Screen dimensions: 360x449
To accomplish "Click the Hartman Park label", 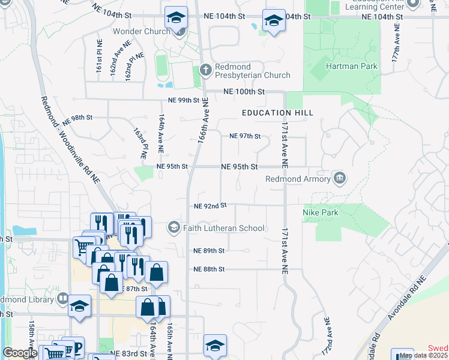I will click(x=351, y=66).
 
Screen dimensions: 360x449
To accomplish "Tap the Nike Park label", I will click(x=321, y=212).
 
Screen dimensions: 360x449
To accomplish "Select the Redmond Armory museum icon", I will click(x=340, y=178).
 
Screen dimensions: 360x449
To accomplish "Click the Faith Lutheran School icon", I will click(x=174, y=227).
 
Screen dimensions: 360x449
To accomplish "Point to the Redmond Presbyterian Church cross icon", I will click(x=205, y=70).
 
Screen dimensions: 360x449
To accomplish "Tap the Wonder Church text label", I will click(x=142, y=31).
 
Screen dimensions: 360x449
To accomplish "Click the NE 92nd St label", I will click(x=210, y=206).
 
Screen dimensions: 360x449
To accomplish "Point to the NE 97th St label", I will click(x=245, y=136).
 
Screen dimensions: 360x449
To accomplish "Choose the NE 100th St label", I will click(x=244, y=92).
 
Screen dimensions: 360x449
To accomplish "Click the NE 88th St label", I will click(x=209, y=269).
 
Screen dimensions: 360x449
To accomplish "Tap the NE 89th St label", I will click(x=209, y=251).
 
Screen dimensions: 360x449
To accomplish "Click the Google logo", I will click(x=20, y=352).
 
